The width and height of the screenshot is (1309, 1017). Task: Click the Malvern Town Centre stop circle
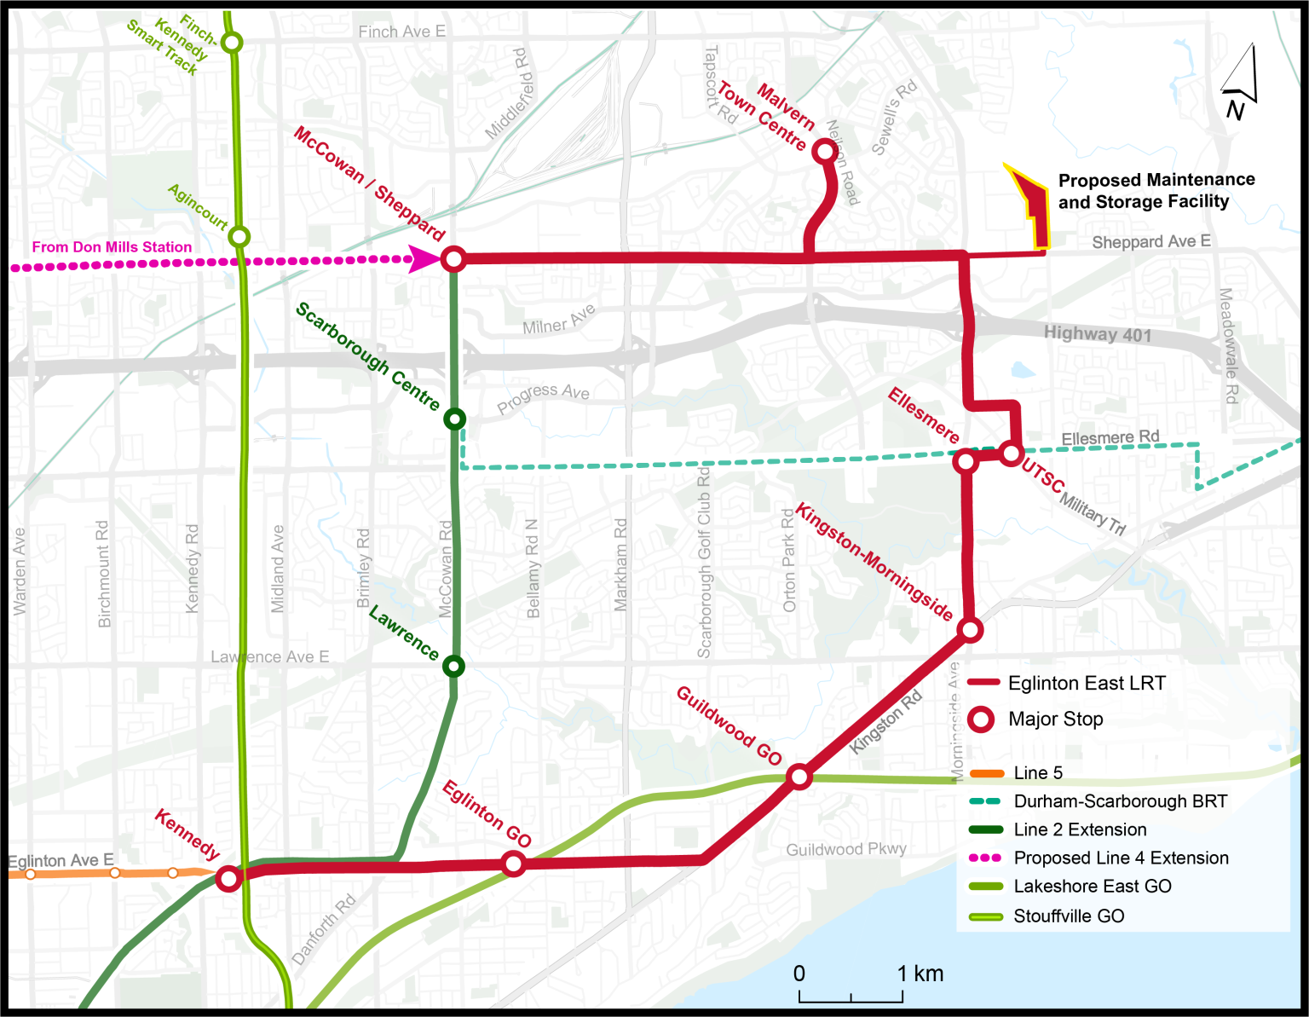[824, 152]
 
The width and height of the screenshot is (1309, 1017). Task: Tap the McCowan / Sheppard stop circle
[453, 258]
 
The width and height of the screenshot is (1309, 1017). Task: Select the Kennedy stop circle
[228, 878]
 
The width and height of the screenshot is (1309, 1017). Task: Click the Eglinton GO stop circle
[513, 864]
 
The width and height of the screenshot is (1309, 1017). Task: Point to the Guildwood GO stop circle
[799, 777]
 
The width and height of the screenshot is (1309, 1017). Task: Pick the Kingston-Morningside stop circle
[970, 630]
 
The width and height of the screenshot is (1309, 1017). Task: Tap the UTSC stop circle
[1011, 453]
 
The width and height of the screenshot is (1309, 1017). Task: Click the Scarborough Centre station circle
[455, 419]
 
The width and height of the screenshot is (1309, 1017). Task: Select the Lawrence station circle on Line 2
[454, 666]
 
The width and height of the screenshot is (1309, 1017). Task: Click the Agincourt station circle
[239, 236]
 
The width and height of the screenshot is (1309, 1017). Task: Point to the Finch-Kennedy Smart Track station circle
[232, 42]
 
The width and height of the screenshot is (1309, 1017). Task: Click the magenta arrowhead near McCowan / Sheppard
[423, 259]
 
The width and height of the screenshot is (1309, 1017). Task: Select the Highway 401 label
[1098, 334]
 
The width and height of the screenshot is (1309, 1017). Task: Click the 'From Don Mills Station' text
[112, 247]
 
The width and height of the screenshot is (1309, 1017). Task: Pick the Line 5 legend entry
[1037, 773]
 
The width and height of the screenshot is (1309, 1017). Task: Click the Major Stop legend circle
[982, 719]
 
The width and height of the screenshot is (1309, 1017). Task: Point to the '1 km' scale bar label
[920, 974]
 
